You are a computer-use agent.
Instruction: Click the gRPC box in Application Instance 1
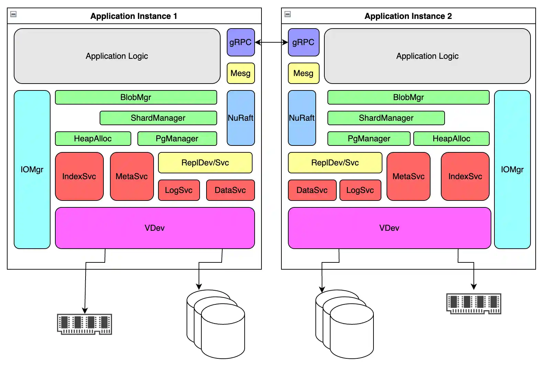pos(241,42)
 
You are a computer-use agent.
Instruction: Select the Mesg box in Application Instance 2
pos(303,73)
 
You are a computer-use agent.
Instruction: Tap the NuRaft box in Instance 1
pos(241,118)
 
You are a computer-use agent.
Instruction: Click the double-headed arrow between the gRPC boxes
pos(271,42)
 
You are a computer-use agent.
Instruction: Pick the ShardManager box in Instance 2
pos(386,118)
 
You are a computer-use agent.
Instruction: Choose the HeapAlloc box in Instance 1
pos(93,139)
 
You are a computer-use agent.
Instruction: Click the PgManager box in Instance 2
pos(369,139)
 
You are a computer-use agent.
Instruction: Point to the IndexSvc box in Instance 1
pos(79,176)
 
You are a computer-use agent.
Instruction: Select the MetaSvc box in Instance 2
pos(408,176)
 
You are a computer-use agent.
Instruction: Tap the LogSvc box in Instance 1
pos(179,190)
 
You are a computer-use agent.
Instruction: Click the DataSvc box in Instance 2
pos(312,190)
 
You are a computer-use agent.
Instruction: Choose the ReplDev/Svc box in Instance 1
pos(205,163)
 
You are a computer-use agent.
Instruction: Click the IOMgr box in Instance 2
pos(512,170)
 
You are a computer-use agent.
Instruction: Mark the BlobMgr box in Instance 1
pos(136,97)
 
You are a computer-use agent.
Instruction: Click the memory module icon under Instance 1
pos(85,324)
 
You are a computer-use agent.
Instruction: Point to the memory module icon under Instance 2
pos(473,303)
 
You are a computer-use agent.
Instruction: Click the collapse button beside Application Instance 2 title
pos(288,14)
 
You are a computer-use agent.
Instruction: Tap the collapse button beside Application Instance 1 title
pos(13,14)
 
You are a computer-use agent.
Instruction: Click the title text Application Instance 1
pos(134,16)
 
